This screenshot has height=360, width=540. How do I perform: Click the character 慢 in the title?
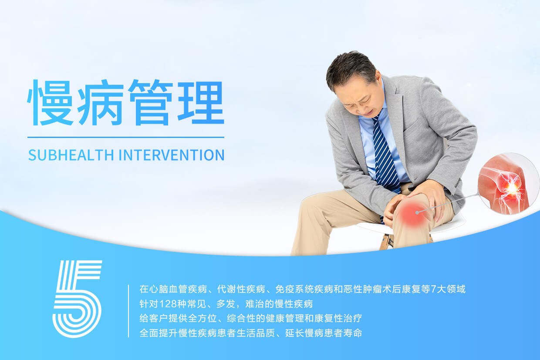(50, 103)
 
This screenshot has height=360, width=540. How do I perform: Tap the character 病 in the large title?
(100, 103)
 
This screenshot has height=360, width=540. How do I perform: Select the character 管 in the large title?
(150, 103)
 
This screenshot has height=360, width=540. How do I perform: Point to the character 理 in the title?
(201, 103)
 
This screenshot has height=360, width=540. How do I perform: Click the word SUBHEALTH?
(71, 155)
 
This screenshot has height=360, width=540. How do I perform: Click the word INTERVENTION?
(172, 155)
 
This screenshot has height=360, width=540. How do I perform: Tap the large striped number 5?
(77, 299)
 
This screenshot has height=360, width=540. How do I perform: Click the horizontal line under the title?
(126, 138)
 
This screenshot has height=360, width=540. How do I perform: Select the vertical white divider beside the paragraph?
(128, 311)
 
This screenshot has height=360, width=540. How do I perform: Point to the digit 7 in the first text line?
(433, 289)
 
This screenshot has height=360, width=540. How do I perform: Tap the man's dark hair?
(351, 70)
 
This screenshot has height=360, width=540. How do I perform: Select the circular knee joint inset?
(508, 184)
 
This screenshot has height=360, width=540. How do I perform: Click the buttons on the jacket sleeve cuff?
(457, 183)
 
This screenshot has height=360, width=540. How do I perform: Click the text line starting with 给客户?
(251, 319)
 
